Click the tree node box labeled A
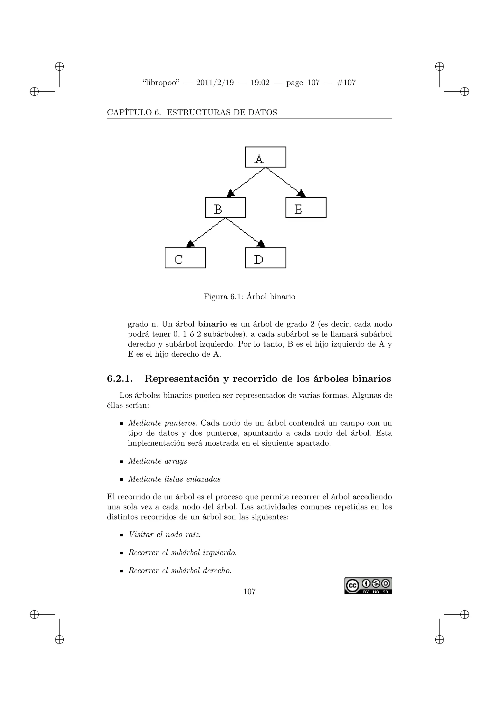coord(266,157)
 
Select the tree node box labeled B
coord(225,207)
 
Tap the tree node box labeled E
coord(306,207)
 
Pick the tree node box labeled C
coord(185,258)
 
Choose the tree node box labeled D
coord(266,258)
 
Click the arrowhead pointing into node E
coord(301,193)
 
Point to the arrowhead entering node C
coord(191,244)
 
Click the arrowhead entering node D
coord(261,244)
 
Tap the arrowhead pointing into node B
coord(231,193)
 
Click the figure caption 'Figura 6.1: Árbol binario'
coord(249,297)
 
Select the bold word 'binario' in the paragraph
coord(212,324)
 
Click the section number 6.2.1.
coord(120,379)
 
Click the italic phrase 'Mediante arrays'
coord(157,461)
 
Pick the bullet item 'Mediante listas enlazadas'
coord(174,479)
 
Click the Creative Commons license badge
coord(368,586)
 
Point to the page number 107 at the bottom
coord(249,591)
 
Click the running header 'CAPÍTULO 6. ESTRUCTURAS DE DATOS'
coord(192,113)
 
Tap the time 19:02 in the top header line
coord(260,83)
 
